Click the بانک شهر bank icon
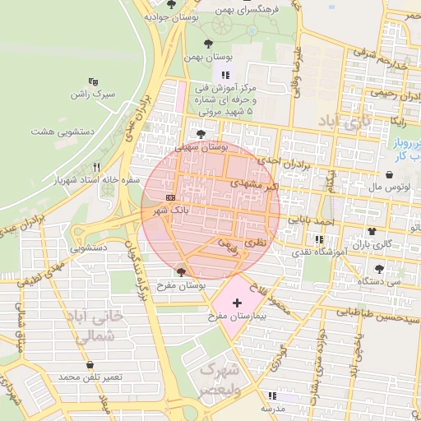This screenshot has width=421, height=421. pos(170,197)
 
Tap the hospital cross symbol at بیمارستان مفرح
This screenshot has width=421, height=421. pos(238,303)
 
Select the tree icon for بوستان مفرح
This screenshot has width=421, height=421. pos(181,271)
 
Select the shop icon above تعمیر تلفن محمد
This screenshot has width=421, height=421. pos(90,364)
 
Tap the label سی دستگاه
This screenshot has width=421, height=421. pos(379,281)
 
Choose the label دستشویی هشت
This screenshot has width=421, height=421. pos(63,131)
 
